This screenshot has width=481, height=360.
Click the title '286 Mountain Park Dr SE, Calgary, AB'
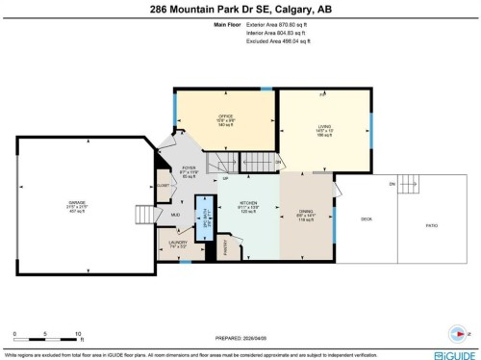[x=240, y=12]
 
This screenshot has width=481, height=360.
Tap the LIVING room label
[x=324, y=131]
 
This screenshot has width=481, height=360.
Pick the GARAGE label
[x=75, y=205]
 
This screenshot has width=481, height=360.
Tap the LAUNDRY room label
[x=177, y=244]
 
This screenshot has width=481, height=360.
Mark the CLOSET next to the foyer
[x=163, y=183]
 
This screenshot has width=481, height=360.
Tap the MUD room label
[x=175, y=214]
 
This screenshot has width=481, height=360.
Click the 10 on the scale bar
[x=78, y=333]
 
